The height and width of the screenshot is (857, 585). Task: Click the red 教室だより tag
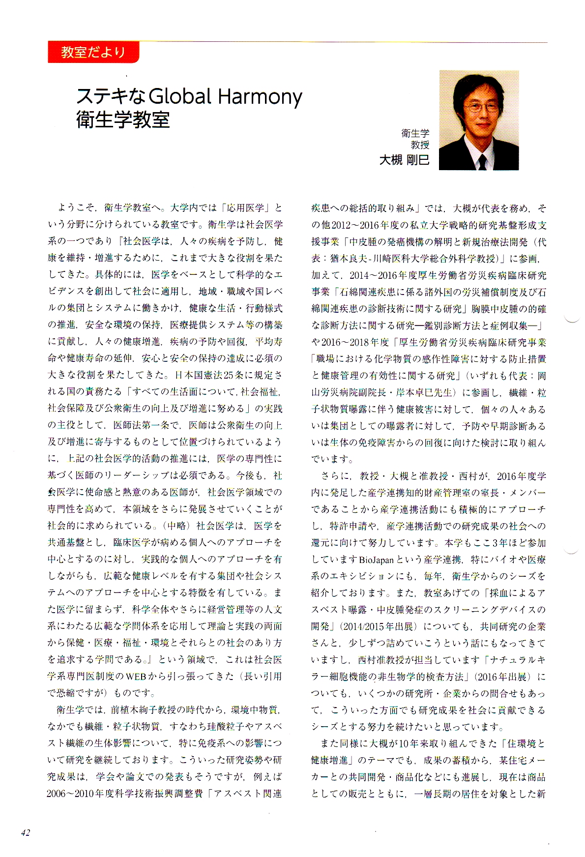pos(93,52)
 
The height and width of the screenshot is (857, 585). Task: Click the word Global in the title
pos(179,96)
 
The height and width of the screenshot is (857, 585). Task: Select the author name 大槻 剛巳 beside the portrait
pos(404,160)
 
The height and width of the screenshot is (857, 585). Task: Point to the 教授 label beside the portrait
pos(420,145)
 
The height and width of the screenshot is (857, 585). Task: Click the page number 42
pos(26,832)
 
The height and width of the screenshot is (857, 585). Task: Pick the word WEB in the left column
pos(136,677)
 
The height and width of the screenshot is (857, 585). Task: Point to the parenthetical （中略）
pos(175,526)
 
